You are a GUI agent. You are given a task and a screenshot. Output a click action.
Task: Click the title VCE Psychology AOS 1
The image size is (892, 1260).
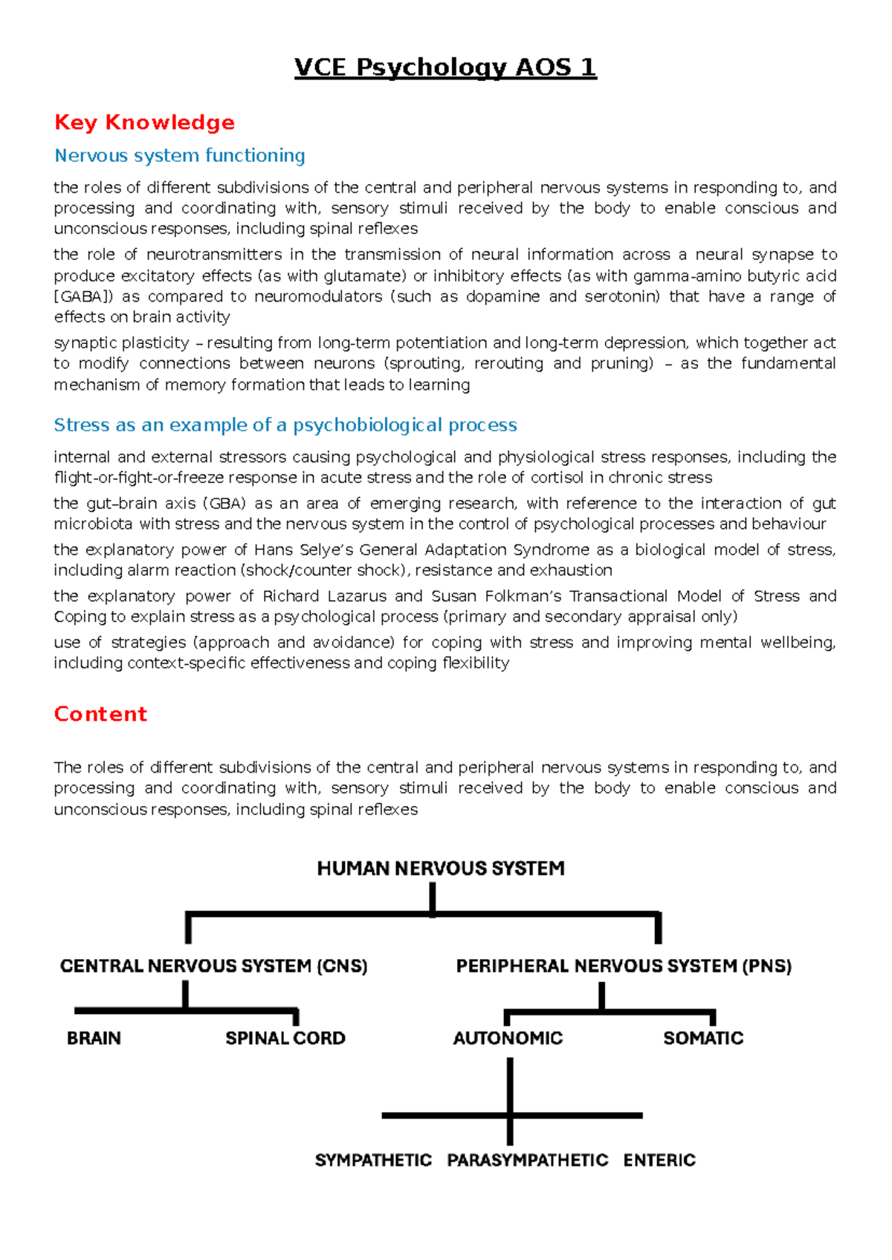click(x=445, y=68)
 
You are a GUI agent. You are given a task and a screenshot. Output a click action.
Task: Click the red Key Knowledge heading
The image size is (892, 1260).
click(x=145, y=123)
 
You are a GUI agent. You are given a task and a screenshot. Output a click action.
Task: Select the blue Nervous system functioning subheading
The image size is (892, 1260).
click(x=180, y=156)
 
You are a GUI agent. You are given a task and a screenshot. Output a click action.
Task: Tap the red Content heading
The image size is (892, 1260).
click(x=100, y=714)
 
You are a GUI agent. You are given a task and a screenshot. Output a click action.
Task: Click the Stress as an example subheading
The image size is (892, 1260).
click(x=285, y=425)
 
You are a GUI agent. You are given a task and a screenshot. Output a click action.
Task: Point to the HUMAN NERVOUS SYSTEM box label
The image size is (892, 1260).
click(x=441, y=868)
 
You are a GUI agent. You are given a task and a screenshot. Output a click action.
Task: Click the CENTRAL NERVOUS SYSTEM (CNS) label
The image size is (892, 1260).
click(x=213, y=966)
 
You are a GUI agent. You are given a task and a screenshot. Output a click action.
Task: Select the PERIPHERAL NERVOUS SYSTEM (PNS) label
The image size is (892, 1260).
click(x=624, y=966)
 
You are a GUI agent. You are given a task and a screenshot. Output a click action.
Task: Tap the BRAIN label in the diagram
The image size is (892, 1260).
click(x=94, y=1038)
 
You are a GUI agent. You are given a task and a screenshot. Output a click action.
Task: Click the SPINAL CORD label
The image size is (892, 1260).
click(x=285, y=1038)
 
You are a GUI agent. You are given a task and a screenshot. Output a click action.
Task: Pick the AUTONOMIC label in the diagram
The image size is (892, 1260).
click(x=508, y=1038)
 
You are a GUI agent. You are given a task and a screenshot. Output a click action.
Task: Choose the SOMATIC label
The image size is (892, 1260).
click(x=703, y=1038)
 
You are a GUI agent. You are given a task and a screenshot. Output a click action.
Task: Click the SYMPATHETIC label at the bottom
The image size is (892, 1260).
click(x=373, y=1160)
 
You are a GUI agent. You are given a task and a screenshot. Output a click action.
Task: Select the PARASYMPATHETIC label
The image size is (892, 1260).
click(x=527, y=1160)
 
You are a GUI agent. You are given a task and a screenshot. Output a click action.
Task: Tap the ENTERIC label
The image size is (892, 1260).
click(x=659, y=1160)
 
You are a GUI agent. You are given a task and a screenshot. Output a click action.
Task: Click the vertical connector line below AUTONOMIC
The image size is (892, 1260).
click(x=510, y=1085)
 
